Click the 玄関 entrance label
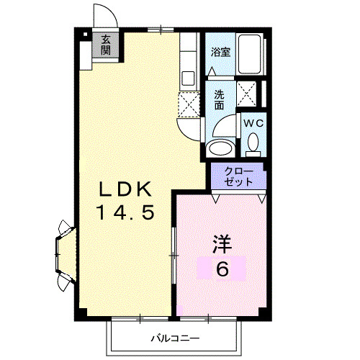[105, 45]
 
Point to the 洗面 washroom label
[219, 99]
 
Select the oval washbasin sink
[218, 148]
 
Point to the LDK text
[125, 190]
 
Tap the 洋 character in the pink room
[222, 245]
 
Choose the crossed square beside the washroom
[250, 94]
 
